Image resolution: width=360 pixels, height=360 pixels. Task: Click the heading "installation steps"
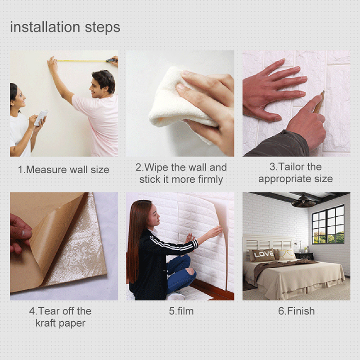pyautogui.click(x=65, y=27)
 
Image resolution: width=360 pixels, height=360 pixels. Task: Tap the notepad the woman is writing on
pyautogui.click(x=41, y=118)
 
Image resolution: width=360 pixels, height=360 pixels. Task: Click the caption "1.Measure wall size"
pyautogui.click(x=63, y=170)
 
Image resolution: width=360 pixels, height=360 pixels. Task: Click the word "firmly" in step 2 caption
pyautogui.click(x=211, y=180)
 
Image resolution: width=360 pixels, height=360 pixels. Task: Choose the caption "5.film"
pyautogui.click(x=181, y=311)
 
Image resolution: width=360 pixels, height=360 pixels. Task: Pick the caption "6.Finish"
pyautogui.click(x=297, y=311)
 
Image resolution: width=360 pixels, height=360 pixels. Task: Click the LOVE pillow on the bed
pyautogui.click(x=263, y=255)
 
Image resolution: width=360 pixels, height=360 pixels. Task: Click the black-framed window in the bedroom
pyautogui.click(x=328, y=224)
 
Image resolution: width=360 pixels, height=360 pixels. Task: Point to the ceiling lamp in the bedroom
pyautogui.click(x=303, y=202)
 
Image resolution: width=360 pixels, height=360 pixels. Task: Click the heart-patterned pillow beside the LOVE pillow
pyautogui.click(x=285, y=254)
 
